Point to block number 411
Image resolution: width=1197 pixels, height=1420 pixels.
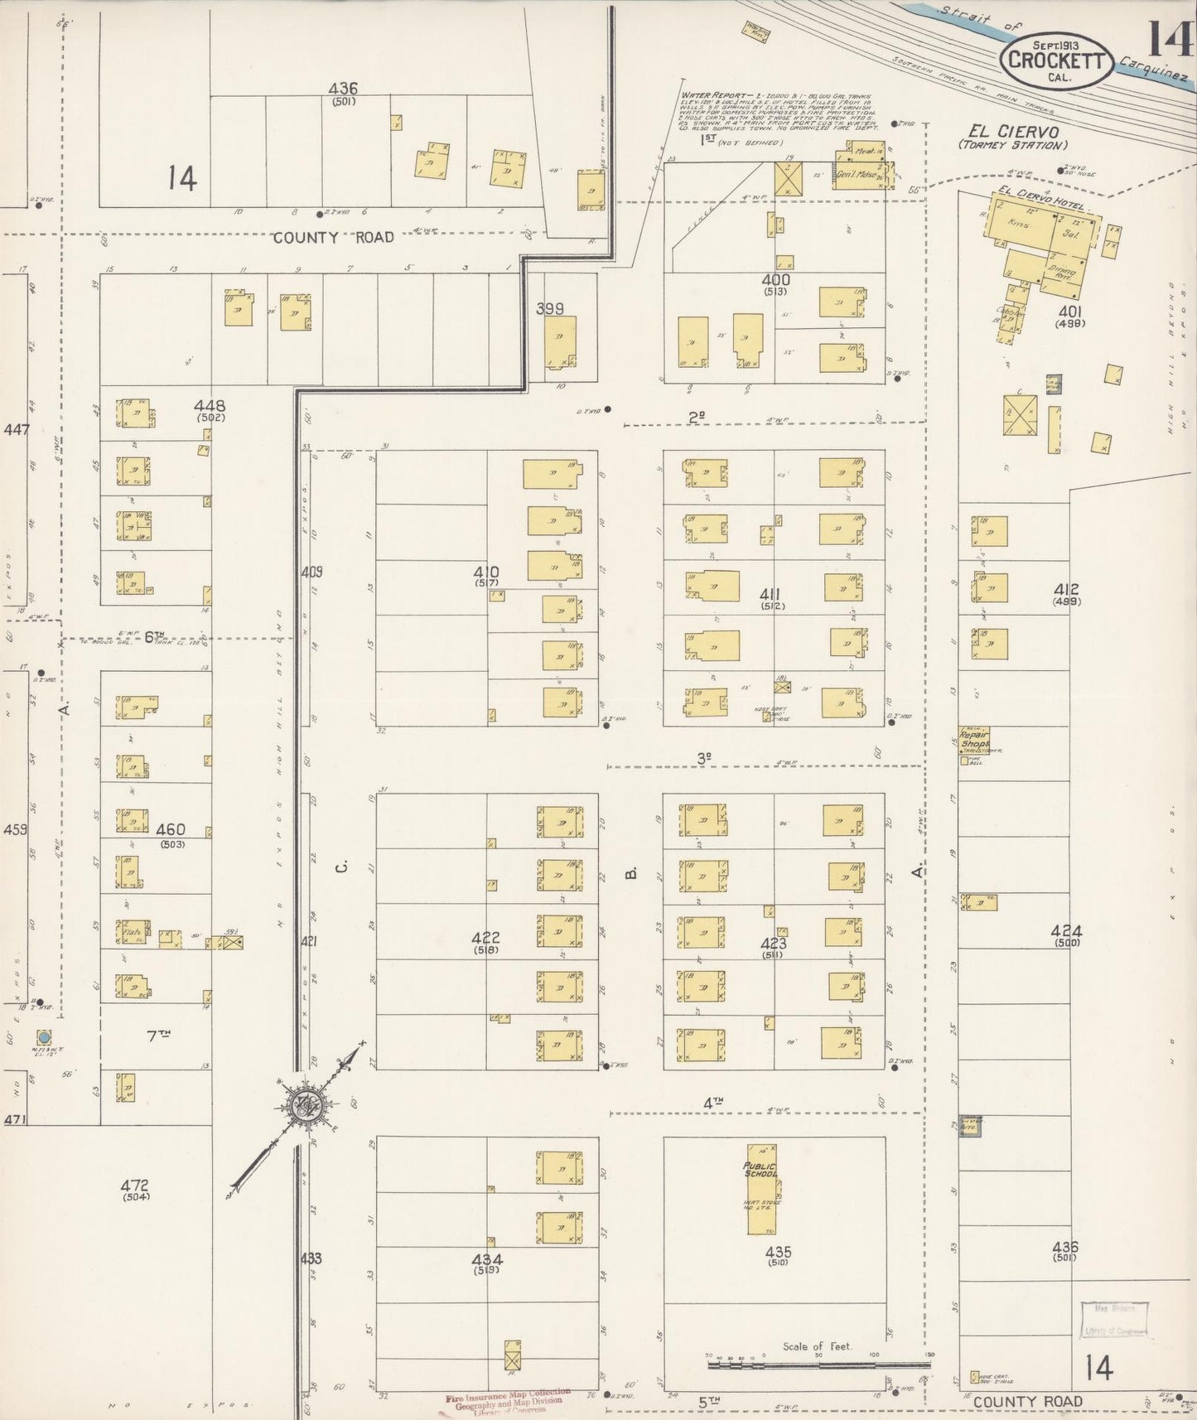775,594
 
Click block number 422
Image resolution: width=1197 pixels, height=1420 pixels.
485,938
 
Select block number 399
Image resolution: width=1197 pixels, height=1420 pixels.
549,308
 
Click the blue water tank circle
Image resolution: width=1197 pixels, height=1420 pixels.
44,1037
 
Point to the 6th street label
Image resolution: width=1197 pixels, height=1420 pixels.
154,636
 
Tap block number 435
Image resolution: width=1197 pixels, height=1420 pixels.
778,1252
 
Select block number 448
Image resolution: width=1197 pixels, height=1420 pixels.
209,406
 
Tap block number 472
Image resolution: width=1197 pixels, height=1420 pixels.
135,1186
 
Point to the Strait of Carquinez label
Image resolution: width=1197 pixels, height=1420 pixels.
1069,37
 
